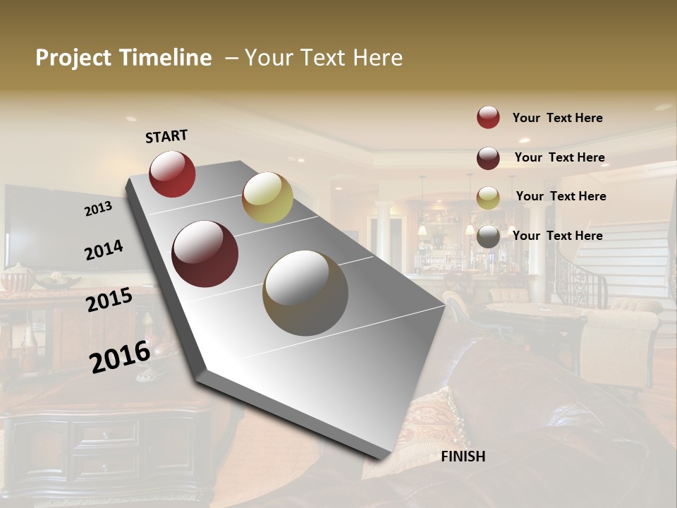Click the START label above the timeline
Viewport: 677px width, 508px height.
(x=166, y=136)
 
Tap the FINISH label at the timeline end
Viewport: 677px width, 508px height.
(x=463, y=456)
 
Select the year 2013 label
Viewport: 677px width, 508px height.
(x=98, y=209)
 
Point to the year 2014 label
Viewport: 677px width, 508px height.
(x=104, y=250)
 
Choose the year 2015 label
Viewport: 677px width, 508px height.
(x=109, y=300)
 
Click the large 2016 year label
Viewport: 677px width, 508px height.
(x=120, y=356)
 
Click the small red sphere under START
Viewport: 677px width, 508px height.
(x=172, y=174)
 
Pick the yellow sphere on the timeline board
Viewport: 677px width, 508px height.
(x=267, y=198)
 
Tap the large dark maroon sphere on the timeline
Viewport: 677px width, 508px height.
(x=205, y=254)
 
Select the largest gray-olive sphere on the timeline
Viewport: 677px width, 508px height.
(x=305, y=293)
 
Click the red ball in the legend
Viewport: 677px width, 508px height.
(x=488, y=117)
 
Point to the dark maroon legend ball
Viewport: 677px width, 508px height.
(x=488, y=158)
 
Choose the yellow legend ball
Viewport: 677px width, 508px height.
(x=488, y=198)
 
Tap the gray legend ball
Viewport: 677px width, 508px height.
(x=488, y=237)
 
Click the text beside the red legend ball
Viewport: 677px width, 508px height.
(x=557, y=118)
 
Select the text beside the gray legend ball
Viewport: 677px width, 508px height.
(x=557, y=236)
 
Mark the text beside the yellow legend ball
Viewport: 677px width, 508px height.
(x=561, y=196)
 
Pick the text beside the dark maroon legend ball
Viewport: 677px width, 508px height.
(x=559, y=157)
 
